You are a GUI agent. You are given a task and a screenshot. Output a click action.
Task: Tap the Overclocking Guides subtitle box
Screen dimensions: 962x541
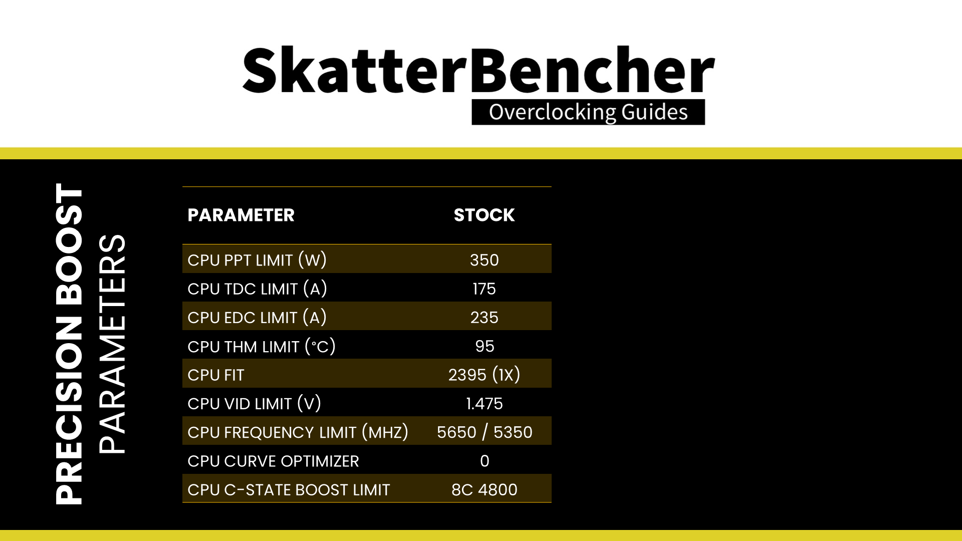tap(588, 112)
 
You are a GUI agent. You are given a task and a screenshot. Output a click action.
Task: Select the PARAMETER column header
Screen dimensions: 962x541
tap(241, 215)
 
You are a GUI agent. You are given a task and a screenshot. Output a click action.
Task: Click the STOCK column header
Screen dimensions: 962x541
tap(484, 215)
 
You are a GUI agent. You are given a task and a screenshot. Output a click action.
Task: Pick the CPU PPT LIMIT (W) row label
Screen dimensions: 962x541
tap(257, 260)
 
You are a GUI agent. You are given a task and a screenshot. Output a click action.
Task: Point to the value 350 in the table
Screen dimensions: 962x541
tap(484, 260)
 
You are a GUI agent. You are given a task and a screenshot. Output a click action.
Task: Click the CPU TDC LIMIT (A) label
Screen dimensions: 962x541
tap(257, 289)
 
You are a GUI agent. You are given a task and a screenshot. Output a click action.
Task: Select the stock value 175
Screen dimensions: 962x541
tap(484, 289)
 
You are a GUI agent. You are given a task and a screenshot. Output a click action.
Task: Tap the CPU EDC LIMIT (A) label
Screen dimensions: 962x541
tap(257, 317)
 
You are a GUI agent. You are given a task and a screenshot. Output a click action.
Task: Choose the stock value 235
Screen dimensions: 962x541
tap(484, 317)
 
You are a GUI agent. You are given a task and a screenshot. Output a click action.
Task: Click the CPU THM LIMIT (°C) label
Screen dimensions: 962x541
tap(262, 346)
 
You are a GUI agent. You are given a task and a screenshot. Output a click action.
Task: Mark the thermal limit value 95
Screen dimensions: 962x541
tap(485, 346)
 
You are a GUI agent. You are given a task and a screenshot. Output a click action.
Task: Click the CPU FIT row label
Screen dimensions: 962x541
tap(215, 375)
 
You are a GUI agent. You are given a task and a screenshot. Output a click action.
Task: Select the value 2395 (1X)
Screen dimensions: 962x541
tap(484, 375)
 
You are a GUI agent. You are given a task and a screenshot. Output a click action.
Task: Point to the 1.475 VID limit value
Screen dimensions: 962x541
tap(484, 403)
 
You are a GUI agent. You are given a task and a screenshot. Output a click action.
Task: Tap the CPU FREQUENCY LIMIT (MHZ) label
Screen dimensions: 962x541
tap(298, 432)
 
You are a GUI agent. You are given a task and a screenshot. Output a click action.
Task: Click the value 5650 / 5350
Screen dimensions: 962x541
tap(485, 432)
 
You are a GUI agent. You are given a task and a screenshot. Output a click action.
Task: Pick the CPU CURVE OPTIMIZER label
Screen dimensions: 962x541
tap(273, 461)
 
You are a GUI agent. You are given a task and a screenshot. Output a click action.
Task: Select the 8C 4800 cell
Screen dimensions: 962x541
tap(484, 489)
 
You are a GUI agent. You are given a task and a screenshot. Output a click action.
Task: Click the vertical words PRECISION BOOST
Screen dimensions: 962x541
tap(69, 344)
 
